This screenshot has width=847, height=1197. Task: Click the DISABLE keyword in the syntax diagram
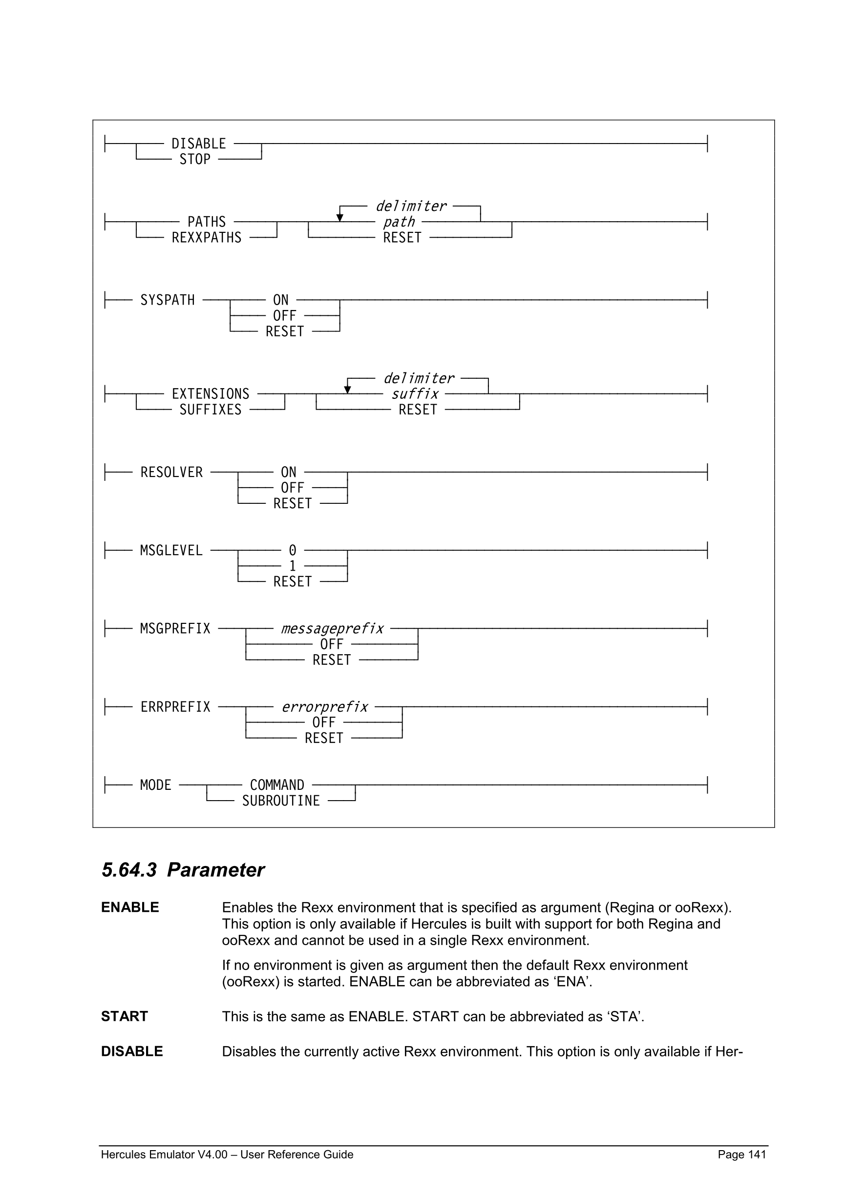pos(199,144)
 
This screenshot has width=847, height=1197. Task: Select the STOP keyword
pos(194,160)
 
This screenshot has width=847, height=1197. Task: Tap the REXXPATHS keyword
pos(207,238)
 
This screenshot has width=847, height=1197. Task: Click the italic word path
pos(399,223)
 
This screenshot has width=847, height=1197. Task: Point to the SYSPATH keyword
pos(168,300)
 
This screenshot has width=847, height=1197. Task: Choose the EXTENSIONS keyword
pos(210,394)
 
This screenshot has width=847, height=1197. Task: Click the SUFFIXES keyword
pos(210,410)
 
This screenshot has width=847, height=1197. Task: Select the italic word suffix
pos(415,394)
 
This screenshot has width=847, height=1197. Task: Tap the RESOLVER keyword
pos(171,473)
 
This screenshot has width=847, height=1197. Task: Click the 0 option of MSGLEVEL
pos(293,551)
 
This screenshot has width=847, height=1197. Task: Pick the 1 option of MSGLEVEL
pos(293,566)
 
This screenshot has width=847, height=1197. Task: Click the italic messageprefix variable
pos(332,629)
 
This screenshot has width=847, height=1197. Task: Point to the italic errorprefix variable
pos(324,707)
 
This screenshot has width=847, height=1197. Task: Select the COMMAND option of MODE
pos(277,785)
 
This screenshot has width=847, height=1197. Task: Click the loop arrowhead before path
pos(340,218)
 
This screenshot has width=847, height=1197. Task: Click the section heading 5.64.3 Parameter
pos(183,870)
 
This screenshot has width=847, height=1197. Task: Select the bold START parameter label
pos(125,1016)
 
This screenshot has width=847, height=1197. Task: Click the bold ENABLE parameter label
pos(130,907)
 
